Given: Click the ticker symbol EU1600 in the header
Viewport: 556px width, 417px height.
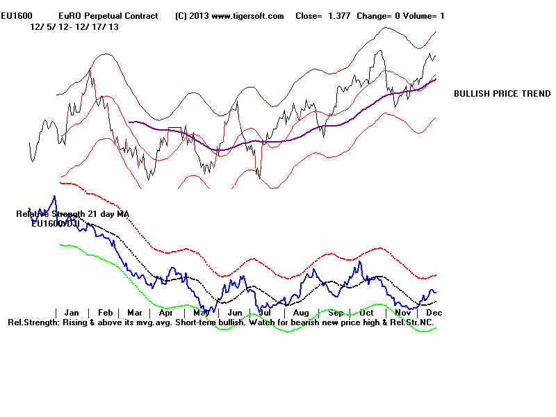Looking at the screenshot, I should coord(16,16).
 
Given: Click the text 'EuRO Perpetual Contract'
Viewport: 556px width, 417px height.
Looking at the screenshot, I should coord(108,16).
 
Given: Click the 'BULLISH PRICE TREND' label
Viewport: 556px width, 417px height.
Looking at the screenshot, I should coord(502,94).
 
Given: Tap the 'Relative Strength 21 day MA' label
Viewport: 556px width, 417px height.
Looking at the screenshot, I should coord(73,214).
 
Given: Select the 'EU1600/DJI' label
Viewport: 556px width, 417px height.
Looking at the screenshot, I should coord(56,224).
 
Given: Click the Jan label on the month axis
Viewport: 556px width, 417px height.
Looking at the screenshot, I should coord(72,313).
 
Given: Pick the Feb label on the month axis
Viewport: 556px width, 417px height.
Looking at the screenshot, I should coord(105,313).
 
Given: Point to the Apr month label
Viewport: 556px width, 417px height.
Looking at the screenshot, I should coord(166,313).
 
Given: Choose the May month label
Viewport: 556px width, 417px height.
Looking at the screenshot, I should coord(201,313).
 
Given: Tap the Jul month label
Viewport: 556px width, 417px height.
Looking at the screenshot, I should coord(265,313).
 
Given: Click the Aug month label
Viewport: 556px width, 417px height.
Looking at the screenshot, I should coord(302,313).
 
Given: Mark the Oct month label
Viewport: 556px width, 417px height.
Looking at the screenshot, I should coord(367,313).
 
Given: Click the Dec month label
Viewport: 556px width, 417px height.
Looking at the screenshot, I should coord(434,313).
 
